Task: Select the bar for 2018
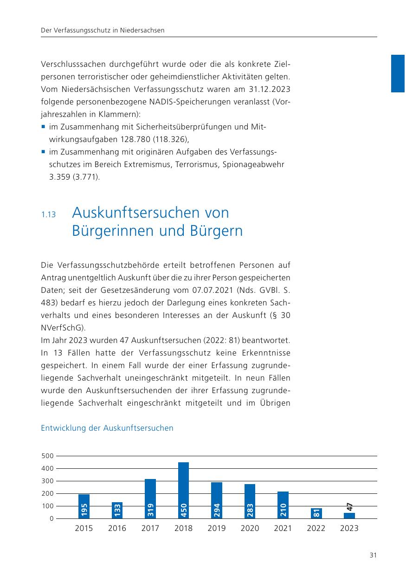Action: [184, 490]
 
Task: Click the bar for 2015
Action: [84, 506]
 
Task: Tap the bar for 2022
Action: [316, 513]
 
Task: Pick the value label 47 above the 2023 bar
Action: [349, 507]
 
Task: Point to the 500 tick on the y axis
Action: [48, 456]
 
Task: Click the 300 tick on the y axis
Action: [48, 481]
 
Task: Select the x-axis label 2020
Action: [250, 528]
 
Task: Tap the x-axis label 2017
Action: [150, 528]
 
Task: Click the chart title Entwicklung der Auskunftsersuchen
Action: [107, 428]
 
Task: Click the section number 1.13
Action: [48, 215]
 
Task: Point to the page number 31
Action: [373, 555]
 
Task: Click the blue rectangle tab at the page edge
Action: [398, 73]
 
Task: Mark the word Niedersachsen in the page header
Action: [142, 31]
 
